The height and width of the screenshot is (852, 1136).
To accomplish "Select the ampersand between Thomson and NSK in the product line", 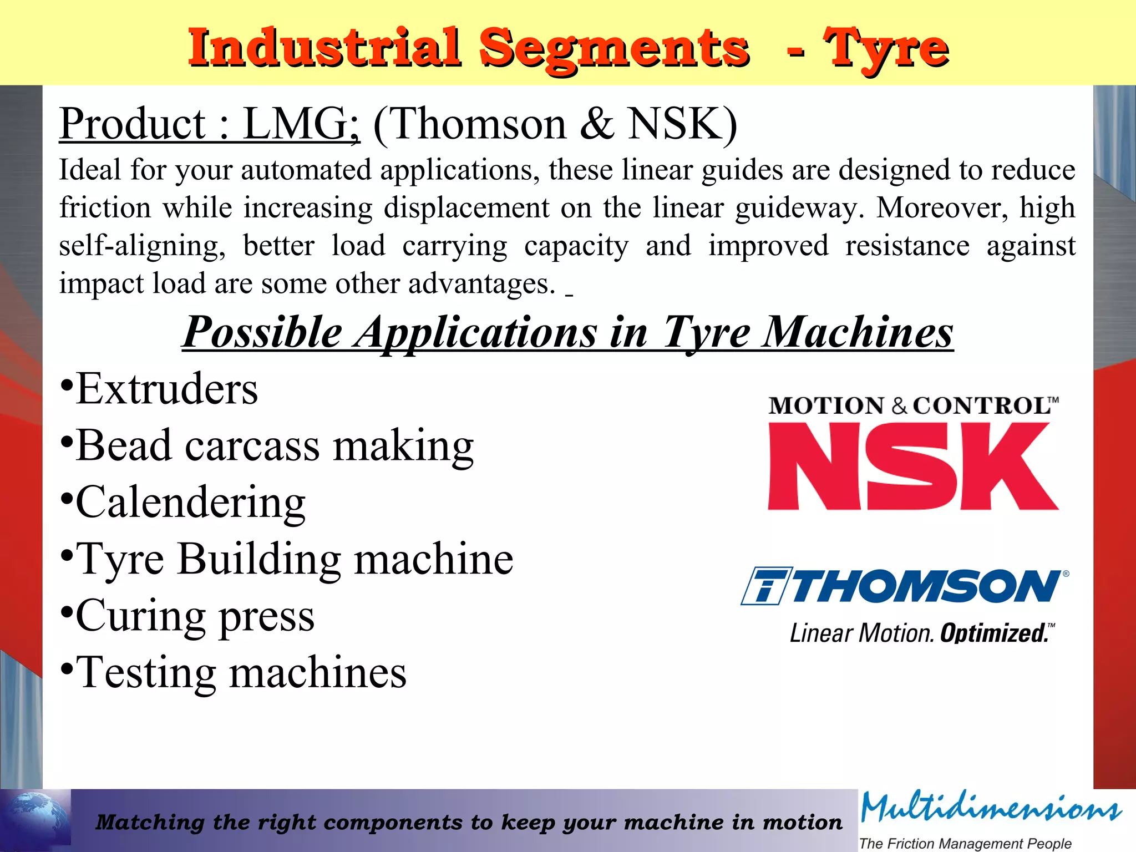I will (x=597, y=124).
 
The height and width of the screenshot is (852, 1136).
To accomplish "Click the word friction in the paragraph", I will (x=105, y=207).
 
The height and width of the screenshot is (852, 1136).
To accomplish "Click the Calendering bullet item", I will (x=190, y=503).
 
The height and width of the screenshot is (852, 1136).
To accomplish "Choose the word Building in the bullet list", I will (x=259, y=559).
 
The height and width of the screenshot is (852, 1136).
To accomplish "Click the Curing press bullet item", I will (x=195, y=616).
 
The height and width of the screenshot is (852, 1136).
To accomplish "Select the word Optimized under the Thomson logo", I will (x=993, y=633).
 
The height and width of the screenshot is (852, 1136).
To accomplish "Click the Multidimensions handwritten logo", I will (x=991, y=808).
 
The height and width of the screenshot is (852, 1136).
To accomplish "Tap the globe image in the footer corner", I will (x=36, y=820).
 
